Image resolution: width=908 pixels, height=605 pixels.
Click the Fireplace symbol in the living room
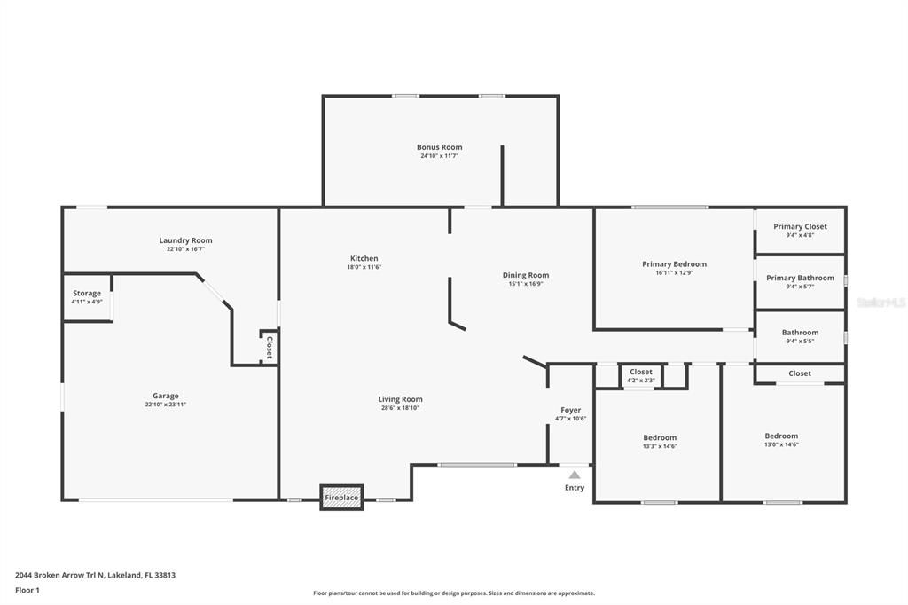click(x=341, y=498)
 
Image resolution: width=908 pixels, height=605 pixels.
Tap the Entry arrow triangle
click(x=575, y=475)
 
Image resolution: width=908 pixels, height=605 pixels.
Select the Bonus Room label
click(x=440, y=147)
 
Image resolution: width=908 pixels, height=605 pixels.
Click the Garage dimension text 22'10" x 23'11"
click(x=166, y=405)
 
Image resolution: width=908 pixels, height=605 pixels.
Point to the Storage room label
click(x=87, y=293)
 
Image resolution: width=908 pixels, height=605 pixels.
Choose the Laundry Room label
click(x=185, y=240)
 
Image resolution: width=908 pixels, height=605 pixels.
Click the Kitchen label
click(x=364, y=258)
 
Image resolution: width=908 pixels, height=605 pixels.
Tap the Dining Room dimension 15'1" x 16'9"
click(x=526, y=284)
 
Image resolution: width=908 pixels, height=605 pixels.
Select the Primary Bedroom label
click(x=674, y=263)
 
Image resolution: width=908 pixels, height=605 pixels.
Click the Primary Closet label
click(x=800, y=226)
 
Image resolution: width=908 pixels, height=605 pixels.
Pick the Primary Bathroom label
click(x=800, y=278)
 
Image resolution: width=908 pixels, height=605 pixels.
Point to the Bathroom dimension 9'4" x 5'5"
click(x=800, y=342)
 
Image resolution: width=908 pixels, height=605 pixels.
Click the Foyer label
click(x=571, y=410)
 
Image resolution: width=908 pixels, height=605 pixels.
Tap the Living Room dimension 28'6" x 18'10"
click(x=400, y=408)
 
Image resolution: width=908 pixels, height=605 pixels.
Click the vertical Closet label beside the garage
click(x=269, y=345)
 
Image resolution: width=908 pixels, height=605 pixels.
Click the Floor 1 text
click(x=28, y=590)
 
